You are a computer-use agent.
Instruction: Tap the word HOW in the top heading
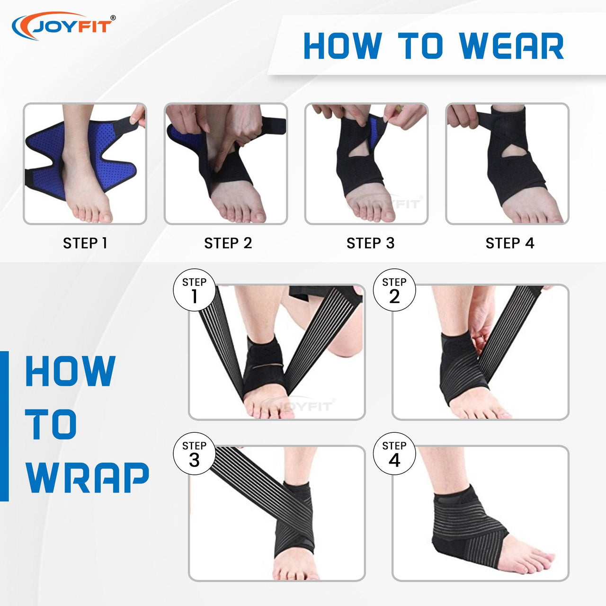[343, 45]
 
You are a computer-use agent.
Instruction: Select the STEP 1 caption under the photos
[85, 243]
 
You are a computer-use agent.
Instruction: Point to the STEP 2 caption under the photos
[228, 243]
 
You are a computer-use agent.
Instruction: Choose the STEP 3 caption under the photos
[370, 243]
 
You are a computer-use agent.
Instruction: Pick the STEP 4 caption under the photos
[510, 243]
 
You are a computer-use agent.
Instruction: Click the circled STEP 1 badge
[195, 290]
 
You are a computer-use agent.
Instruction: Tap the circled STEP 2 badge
[394, 290]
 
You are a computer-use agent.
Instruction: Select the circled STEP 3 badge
[195, 454]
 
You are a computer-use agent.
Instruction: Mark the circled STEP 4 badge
[394, 454]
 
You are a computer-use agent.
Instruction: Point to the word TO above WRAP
[51, 425]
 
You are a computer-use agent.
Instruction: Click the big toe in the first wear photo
[105, 216]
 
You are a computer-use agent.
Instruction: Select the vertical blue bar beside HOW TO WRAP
[4, 426]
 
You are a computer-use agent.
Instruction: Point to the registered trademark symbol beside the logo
[113, 18]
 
